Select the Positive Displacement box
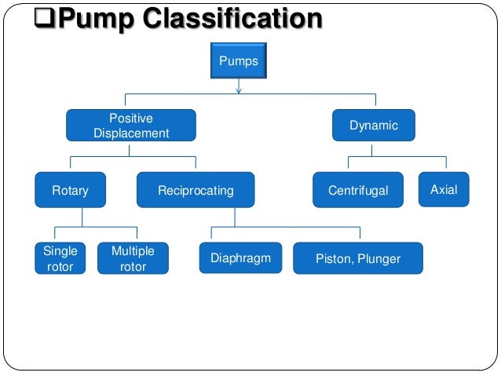point(130,126)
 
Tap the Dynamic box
point(375,126)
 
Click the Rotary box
point(70,190)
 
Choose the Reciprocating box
point(196,190)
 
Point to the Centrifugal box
point(357,190)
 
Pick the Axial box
point(444,189)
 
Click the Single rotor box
point(60,258)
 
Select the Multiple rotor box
point(133,258)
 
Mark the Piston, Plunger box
point(357,258)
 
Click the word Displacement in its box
point(131,133)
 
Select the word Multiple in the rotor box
point(133,251)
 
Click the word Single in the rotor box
point(60,251)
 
